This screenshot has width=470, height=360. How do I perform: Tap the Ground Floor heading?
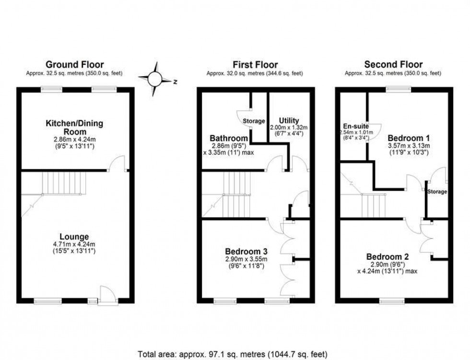tap(74, 65)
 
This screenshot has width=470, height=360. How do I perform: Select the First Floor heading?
tap(255, 65)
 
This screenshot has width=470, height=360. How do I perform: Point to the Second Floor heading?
tap(393, 64)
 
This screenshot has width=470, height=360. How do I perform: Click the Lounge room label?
tap(74, 236)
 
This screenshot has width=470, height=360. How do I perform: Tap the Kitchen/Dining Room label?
tap(74, 128)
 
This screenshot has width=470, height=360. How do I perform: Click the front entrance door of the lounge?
tap(108, 296)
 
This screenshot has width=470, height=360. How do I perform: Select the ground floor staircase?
tap(64, 184)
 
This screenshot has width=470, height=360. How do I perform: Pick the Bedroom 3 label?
tap(247, 251)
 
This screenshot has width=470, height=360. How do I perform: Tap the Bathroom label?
tap(229, 139)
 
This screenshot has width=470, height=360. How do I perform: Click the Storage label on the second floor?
tap(437, 192)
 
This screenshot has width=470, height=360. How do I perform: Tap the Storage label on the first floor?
tap(254, 121)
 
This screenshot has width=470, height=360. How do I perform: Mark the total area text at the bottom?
tap(233, 354)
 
